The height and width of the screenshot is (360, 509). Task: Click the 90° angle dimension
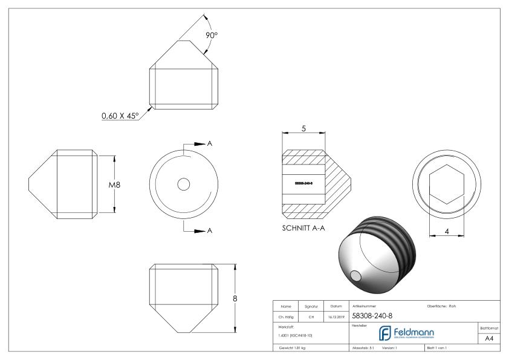[211, 36]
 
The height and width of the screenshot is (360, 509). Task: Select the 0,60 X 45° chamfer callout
[120, 116]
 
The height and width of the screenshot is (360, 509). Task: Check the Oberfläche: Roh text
[441, 306]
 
